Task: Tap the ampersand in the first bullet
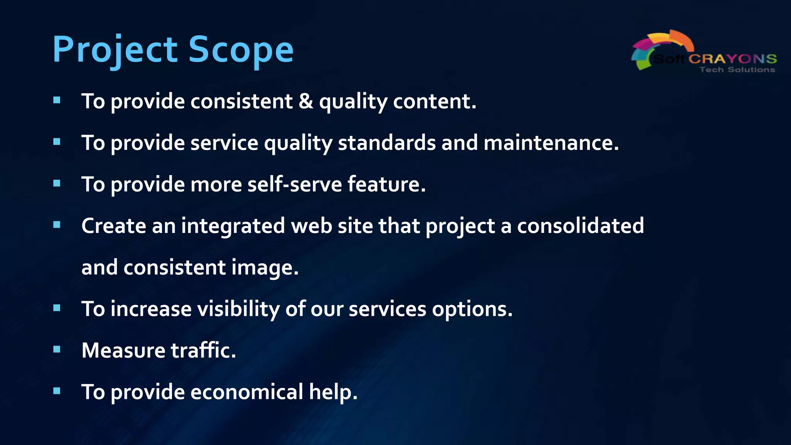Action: (x=306, y=102)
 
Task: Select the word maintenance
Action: (x=551, y=143)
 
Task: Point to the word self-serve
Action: (x=294, y=184)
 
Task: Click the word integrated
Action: (x=233, y=226)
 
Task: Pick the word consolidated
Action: (x=580, y=226)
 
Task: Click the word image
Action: (x=265, y=268)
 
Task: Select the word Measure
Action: (x=123, y=351)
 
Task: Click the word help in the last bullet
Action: (x=333, y=392)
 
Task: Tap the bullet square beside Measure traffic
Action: (x=57, y=350)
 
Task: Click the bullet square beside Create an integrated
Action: (x=57, y=225)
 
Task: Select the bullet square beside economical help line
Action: (x=57, y=391)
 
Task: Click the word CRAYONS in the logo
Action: (x=732, y=59)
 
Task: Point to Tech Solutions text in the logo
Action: (x=737, y=70)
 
